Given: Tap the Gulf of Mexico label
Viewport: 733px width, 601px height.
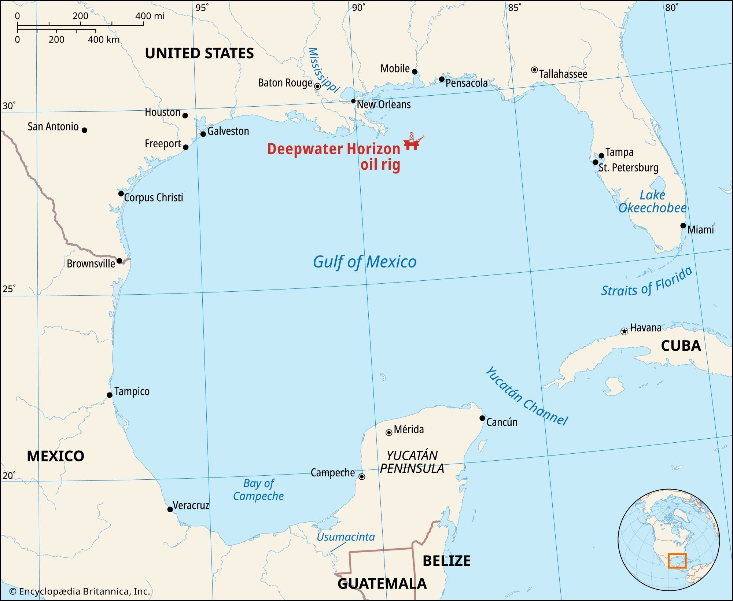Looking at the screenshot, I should coord(365,262).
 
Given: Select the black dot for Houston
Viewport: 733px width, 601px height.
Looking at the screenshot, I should coord(185,116).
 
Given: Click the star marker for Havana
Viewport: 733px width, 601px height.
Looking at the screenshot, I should coord(624,332).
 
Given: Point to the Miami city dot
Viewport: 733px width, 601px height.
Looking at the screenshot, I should coord(683,226).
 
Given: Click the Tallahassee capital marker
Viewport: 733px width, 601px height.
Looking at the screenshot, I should coord(534,70).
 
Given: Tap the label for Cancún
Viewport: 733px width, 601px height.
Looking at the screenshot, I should coord(502,422).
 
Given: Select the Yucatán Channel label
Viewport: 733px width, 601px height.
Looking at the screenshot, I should coord(526,396).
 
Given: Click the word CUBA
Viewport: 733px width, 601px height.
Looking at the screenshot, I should coord(681,346).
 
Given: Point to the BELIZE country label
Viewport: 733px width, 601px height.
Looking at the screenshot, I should coord(446,561).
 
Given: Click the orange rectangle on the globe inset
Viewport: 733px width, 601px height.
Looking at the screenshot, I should coord(677,561).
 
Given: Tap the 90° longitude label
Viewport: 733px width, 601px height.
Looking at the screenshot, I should coord(358,7).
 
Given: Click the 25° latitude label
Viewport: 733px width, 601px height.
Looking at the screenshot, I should coord(9,289).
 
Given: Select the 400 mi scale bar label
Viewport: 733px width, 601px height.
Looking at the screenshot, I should coord(150,16).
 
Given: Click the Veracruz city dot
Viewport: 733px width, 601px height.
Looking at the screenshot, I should coord(170,509).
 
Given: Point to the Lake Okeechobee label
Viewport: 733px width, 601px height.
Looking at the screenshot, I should coord(652,202).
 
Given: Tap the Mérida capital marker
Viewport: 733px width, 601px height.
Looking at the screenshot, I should coord(389,433).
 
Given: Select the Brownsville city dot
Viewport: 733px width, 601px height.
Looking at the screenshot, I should coord(119,261).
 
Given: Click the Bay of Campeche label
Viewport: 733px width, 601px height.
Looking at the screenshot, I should coord(258,490).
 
